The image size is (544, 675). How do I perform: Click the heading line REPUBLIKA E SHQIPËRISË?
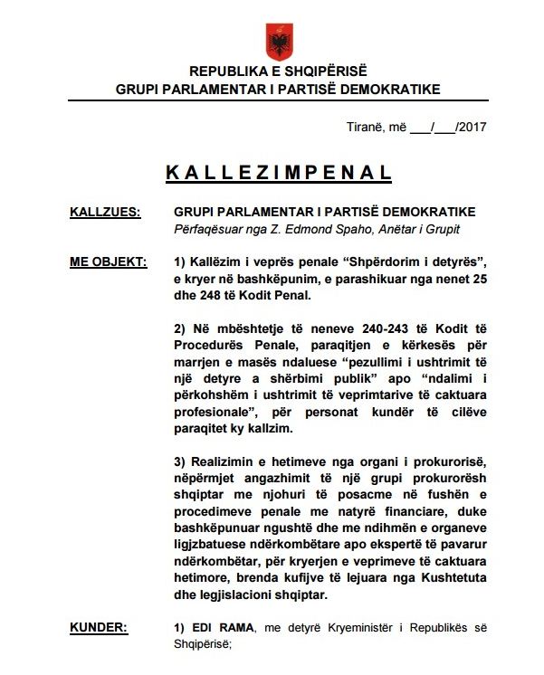(x=278, y=71)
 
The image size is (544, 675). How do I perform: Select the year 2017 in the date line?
(x=472, y=127)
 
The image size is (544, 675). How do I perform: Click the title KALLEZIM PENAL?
(x=279, y=172)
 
